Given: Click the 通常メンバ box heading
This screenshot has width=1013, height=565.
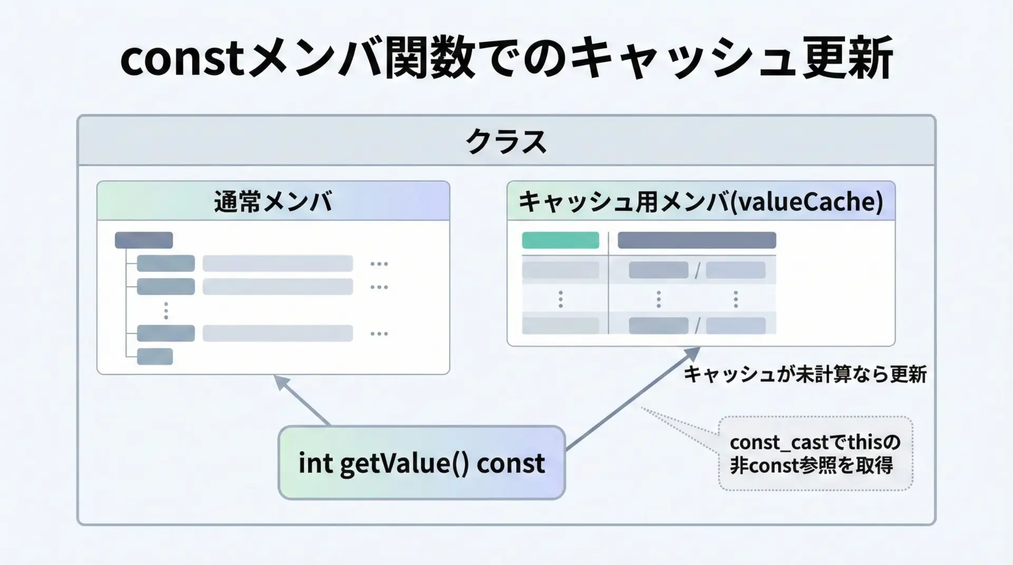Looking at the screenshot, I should click(273, 201).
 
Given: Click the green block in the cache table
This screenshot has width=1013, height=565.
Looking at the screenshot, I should click(560, 240).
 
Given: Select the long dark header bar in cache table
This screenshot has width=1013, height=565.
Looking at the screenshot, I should click(696, 240).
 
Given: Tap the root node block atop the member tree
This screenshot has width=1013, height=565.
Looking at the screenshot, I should click(144, 240).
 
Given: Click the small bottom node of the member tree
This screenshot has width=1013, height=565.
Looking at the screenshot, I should click(155, 357).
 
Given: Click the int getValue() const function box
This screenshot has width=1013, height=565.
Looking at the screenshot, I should click(421, 463).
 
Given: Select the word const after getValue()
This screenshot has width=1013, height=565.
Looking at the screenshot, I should click(510, 463).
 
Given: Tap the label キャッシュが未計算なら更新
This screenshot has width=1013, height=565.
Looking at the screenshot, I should click(805, 374).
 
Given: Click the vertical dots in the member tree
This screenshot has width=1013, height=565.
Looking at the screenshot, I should click(166, 310).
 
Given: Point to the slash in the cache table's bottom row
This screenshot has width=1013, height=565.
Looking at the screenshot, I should click(697, 326).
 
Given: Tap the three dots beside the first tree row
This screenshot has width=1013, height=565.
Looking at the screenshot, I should click(379, 264).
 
